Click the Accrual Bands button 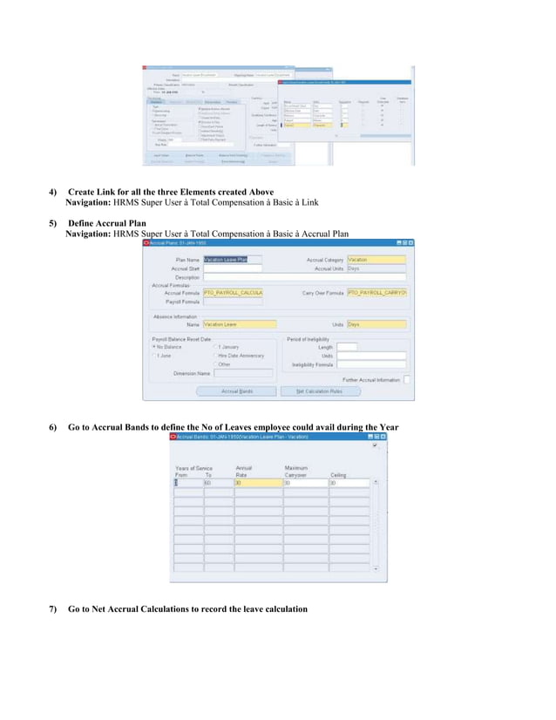click(x=231, y=391)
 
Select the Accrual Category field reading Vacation click(x=376, y=259)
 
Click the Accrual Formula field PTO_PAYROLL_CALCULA click(x=233, y=293)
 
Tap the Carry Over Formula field click(x=376, y=293)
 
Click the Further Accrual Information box click(x=407, y=379)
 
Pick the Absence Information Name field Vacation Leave click(x=233, y=323)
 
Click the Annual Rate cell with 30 click(x=257, y=482)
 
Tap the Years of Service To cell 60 click(x=218, y=482)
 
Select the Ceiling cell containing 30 click(x=353, y=482)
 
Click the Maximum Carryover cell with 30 click(x=304, y=482)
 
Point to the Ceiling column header click(x=338, y=474)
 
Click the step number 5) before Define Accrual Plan click(x=53, y=224)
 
